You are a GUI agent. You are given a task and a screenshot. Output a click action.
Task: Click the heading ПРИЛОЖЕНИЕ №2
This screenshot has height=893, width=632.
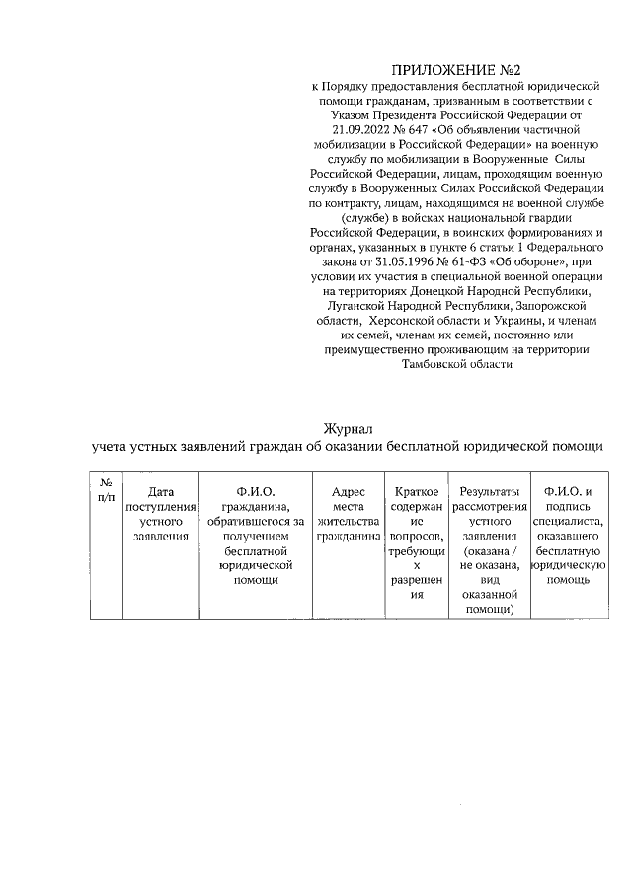(x=455, y=70)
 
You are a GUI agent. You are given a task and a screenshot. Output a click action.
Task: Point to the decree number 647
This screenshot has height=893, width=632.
(x=427, y=128)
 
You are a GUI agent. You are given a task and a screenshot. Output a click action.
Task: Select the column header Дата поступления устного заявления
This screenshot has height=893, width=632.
(x=159, y=513)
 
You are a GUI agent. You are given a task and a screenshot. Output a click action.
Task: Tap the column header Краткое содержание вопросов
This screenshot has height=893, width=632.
(x=417, y=543)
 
